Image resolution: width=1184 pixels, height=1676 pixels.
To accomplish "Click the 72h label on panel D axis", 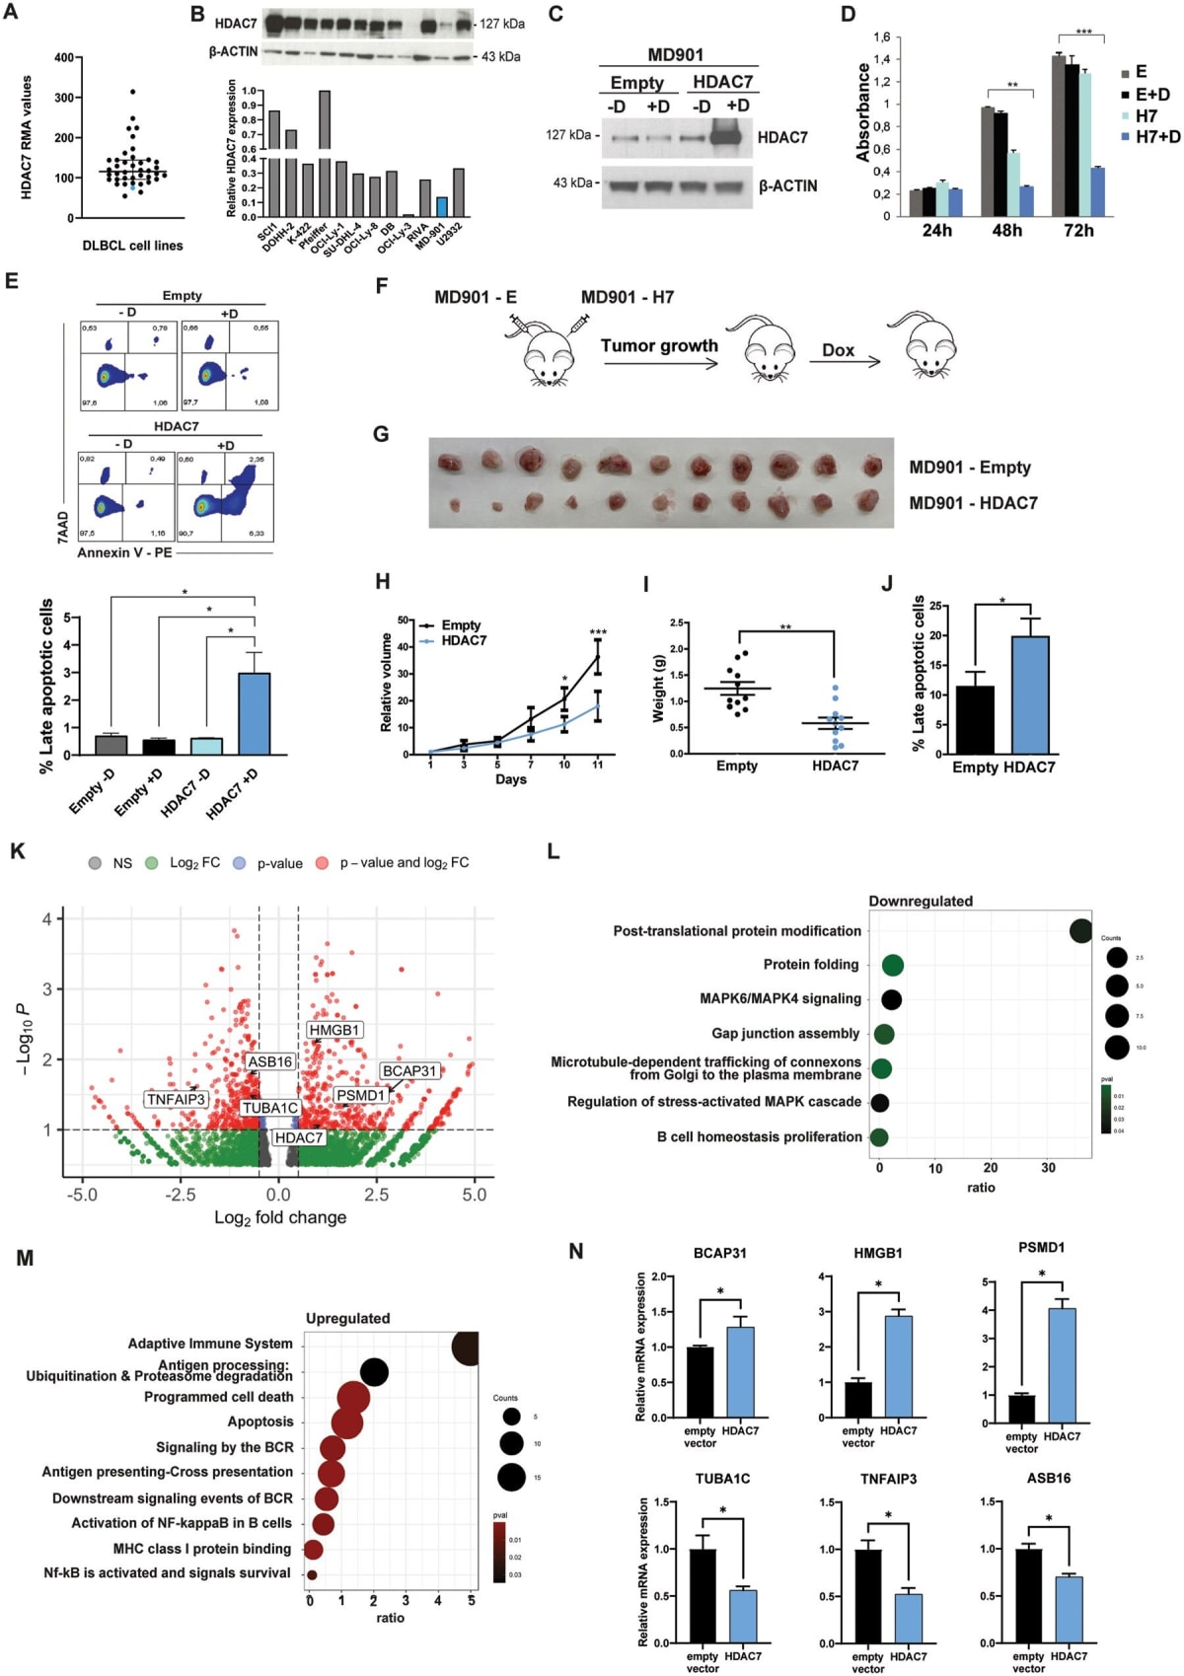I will click(x=1077, y=230).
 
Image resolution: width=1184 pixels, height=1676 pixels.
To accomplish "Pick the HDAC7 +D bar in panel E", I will click(x=255, y=713).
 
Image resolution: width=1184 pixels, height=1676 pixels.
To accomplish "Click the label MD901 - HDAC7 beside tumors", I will click(x=973, y=503).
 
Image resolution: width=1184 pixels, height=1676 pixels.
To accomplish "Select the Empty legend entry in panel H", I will click(x=460, y=624).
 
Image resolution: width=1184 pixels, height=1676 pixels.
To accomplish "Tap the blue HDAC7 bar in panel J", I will click(x=1030, y=694).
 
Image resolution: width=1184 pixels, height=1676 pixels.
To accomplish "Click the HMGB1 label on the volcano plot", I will click(x=334, y=1030).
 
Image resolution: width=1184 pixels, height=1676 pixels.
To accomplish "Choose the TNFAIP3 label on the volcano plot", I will click(x=176, y=1099).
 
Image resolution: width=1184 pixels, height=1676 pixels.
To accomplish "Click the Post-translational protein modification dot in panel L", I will click(x=1080, y=930).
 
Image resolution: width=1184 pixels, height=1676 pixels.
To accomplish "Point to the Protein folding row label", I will click(x=810, y=964).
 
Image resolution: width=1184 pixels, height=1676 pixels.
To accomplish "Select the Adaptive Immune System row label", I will click(x=210, y=1344).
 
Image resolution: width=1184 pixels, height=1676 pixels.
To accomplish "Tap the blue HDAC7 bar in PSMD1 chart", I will click(x=1062, y=1365).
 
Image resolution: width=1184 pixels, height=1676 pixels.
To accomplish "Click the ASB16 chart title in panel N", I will click(x=1048, y=1478).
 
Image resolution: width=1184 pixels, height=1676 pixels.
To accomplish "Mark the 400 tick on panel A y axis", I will click(x=63, y=57).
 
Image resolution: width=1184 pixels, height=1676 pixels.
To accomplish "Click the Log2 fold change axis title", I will click(x=280, y=1217).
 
